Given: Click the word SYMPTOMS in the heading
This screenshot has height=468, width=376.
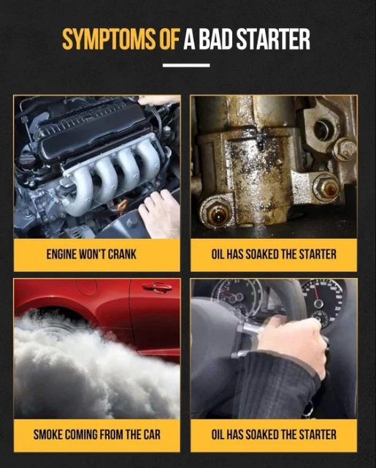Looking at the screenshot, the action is [x=109, y=39].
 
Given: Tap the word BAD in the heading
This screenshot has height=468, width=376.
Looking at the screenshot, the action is [x=215, y=39].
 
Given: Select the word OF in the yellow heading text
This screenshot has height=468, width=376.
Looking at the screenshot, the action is [x=169, y=39].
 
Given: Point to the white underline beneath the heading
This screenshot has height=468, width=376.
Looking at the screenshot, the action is [x=186, y=65].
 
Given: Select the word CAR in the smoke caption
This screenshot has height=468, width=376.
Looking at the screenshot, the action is [x=152, y=434].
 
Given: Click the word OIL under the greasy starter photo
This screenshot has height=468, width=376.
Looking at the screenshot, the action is [x=218, y=254].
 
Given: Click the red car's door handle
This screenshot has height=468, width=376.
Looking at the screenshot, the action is [x=157, y=287].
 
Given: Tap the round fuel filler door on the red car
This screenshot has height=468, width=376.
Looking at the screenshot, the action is [x=85, y=287].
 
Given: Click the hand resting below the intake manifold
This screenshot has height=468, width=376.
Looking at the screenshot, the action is [x=160, y=214].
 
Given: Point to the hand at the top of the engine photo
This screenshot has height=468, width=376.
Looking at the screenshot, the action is [x=159, y=101].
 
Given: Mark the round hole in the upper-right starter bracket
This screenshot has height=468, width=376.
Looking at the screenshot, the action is [x=323, y=130].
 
